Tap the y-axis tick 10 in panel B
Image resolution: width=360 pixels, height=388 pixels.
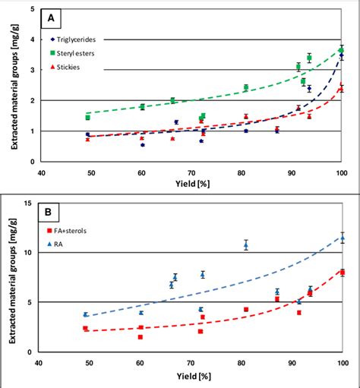coord(28,253)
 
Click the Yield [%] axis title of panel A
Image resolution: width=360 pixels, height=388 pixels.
coord(190,184)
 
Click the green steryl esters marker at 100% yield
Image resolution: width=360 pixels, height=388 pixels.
coord(341,51)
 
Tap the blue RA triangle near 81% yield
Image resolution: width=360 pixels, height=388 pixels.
coord(245,244)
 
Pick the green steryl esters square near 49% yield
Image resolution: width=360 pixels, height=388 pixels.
coord(87,118)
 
